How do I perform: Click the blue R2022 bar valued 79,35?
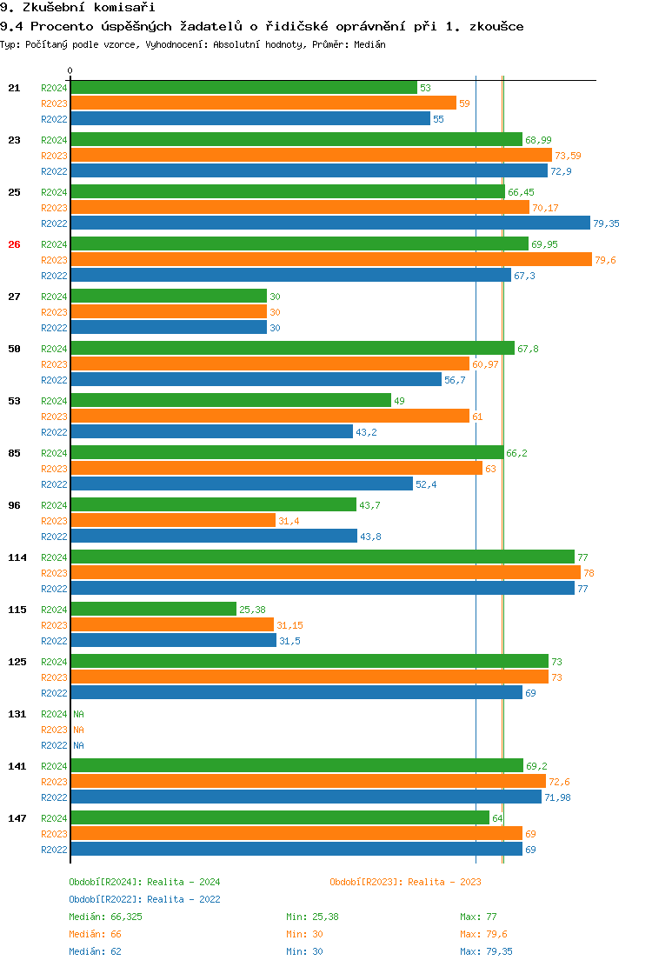[x=330, y=223]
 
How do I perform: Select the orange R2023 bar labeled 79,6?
[x=331, y=260]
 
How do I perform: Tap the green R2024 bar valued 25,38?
[x=154, y=609]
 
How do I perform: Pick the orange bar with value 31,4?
[x=173, y=521]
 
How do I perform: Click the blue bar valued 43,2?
[x=212, y=432]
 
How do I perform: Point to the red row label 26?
[x=14, y=244]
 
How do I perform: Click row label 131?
[x=17, y=714]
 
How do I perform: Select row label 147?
[x=17, y=818]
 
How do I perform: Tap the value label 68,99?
[x=539, y=140]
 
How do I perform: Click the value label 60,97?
[x=485, y=364]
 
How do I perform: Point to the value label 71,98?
[x=559, y=797]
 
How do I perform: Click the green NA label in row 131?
[x=78, y=714]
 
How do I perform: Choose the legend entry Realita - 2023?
[x=405, y=882]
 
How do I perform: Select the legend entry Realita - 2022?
[x=144, y=899]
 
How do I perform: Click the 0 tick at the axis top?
[x=70, y=71]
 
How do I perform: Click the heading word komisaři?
[x=103, y=8]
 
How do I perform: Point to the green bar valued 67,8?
[x=292, y=349]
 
